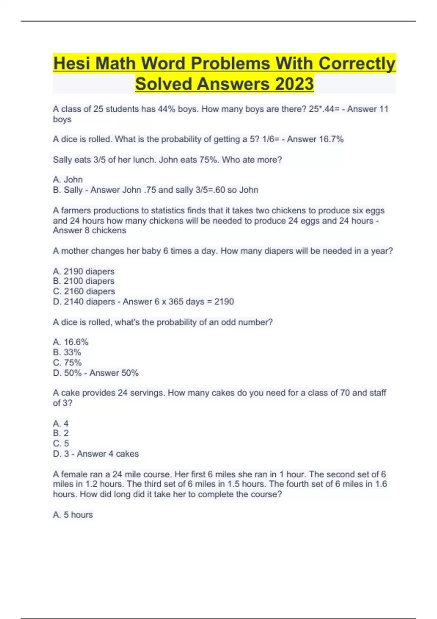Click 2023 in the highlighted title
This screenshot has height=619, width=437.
[x=294, y=84]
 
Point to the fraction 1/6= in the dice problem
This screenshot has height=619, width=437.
[x=270, y=139]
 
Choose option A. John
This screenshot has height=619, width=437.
[x=68, y=180]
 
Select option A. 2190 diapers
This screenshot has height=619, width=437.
[x=83, y=272]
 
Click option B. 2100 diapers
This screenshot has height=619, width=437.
[x=83, y=281]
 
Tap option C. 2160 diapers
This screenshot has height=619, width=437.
[x=84, y=291]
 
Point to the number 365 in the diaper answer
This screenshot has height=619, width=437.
[x=176, y=302]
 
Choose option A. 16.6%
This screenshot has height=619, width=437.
[x=71, y=342]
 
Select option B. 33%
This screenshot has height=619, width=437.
[x=67, y=352]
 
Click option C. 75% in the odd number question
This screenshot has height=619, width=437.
[x=67, y=363]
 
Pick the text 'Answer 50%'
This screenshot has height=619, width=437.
[x=114, y=373]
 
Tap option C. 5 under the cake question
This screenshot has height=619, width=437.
[x=61, y=443]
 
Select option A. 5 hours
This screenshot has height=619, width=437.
[x=73, y=515]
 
